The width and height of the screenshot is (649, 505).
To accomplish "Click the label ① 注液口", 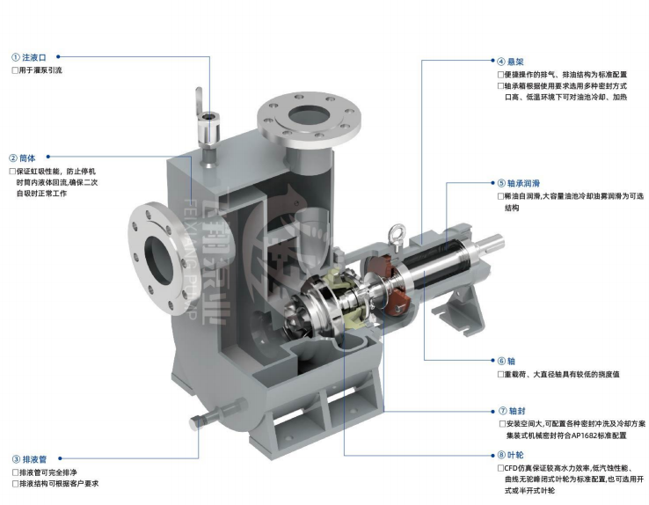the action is click(x=29, y=57).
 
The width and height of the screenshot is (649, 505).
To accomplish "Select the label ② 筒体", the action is click(x=22, y=157).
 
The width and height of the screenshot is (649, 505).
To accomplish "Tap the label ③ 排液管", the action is click(x=29, y=459).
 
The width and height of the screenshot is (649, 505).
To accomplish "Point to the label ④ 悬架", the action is click(x=510, y=62).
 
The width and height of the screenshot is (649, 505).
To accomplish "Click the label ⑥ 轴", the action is click(x=507, y=361).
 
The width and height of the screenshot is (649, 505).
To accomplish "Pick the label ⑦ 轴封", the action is click(x=512, y=411).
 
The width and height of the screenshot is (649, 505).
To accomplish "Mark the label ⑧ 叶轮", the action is click(x=510, y=456).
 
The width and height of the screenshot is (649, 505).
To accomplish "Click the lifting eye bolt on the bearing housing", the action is click(x=397, y=237).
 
